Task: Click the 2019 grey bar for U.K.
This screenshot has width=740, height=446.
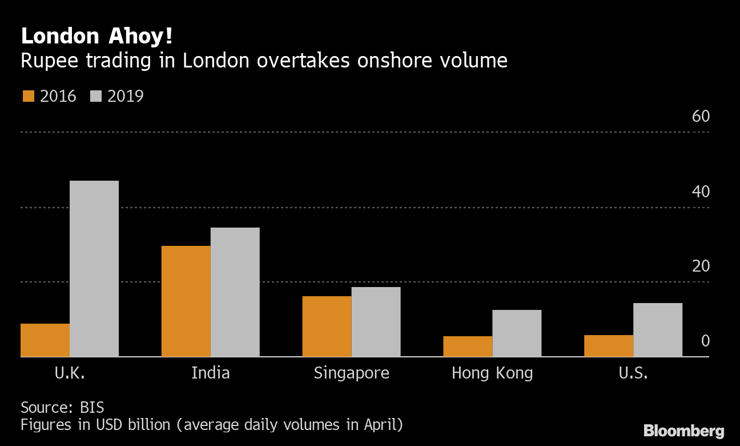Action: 94,269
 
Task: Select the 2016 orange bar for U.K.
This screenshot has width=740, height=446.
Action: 45,340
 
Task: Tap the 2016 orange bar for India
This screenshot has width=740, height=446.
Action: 186,301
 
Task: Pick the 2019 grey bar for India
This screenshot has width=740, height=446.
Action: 235,292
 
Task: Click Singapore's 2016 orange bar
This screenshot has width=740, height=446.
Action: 327,326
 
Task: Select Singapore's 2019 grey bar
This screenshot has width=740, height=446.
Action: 376,322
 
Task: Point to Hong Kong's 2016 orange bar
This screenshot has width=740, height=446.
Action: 468,347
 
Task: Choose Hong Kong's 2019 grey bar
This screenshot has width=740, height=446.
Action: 517,333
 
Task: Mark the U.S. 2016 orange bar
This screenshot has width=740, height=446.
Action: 609,346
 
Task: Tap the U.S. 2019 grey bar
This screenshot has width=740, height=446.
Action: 658,330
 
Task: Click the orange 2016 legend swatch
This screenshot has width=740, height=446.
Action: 28,96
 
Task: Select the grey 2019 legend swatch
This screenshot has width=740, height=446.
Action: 95,96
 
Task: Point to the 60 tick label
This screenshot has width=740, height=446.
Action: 701,116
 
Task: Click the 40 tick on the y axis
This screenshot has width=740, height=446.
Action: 701,191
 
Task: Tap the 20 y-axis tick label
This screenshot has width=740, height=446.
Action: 701,266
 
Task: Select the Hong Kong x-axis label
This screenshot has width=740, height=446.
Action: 492,373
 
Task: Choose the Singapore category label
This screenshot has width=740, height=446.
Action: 352,373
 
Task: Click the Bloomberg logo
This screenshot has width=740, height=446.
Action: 683,431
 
